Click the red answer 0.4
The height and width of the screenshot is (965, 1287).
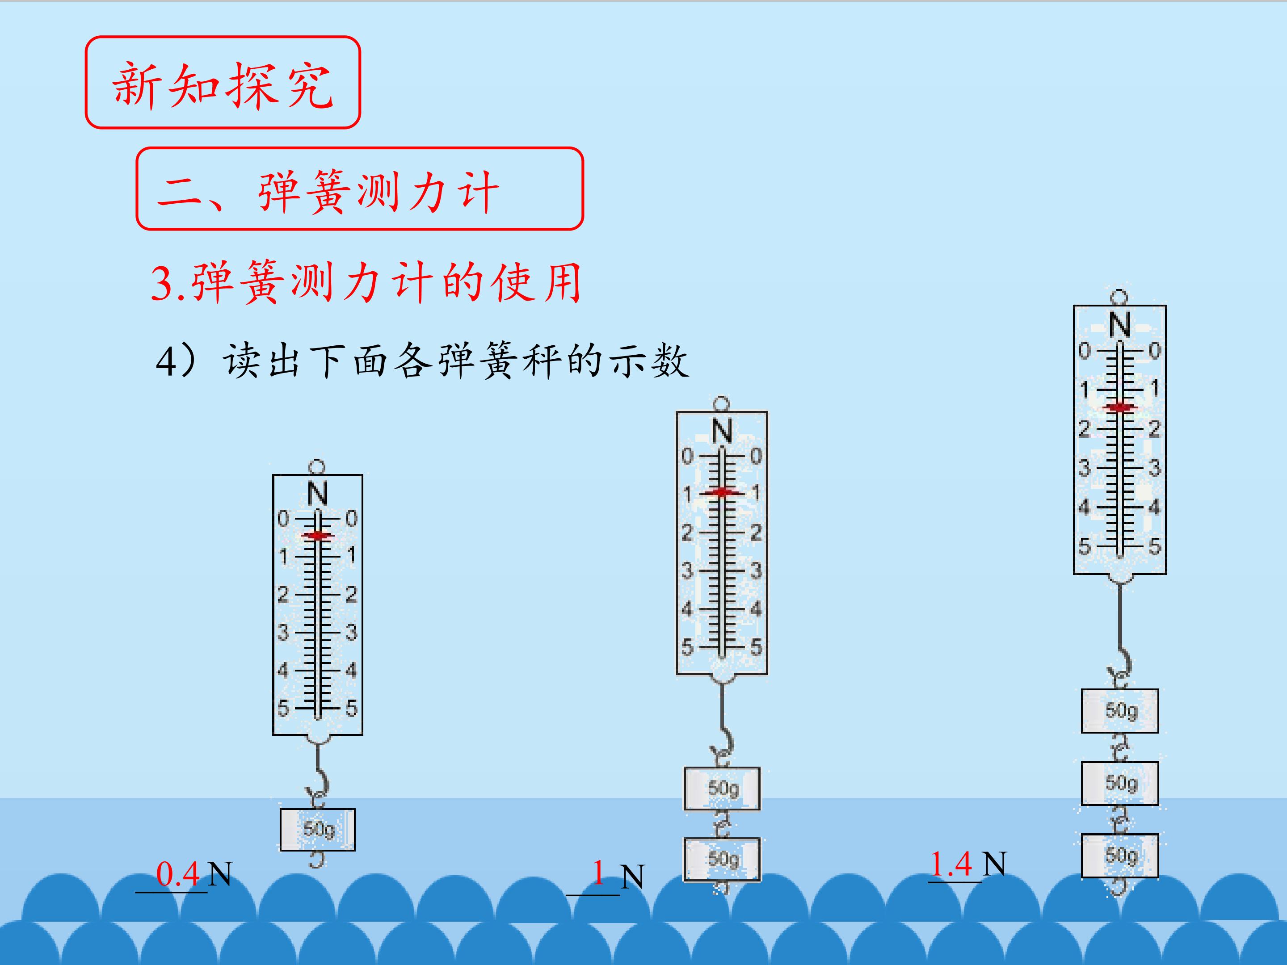[x=178, y=874]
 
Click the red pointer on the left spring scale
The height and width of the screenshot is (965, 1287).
[x=318, y=535]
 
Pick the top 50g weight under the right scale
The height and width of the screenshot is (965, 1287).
[x=1120, y=711]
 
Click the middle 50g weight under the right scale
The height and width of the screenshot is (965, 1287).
[x=1120, y=783]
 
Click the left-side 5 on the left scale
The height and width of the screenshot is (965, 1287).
[x=283, y=709]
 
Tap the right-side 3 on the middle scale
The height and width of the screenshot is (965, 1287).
[x=756, y=571]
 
